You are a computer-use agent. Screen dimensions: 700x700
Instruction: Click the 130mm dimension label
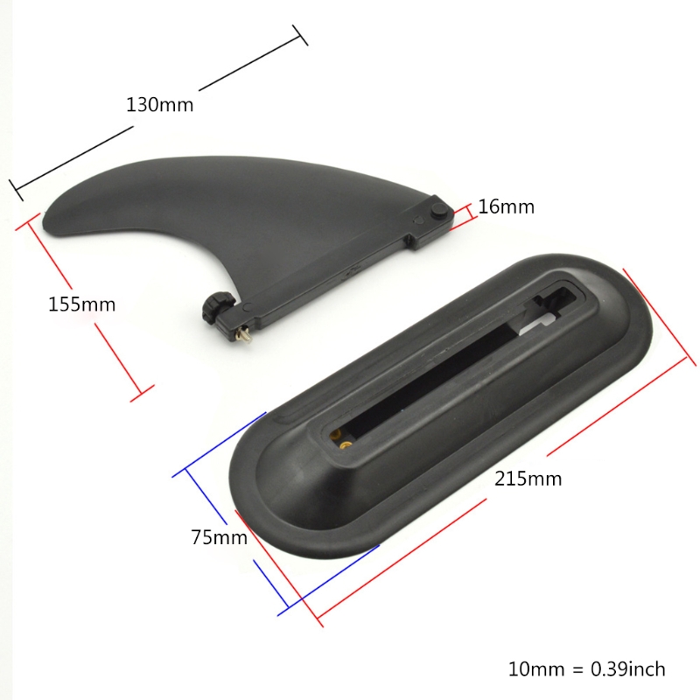pos(159,105)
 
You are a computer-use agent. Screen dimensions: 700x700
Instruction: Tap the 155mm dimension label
pos(81,304)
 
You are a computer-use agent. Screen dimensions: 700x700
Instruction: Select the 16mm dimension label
pos(506,206)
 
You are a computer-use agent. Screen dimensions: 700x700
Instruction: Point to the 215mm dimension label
pos(528,479)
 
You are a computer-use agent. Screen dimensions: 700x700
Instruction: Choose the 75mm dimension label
pos(219,537)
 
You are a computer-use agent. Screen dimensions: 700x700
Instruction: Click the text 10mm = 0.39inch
pos(586,668)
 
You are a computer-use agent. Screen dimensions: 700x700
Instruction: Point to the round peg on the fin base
pos(441,210)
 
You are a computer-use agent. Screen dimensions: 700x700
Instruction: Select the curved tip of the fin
pos(49,214)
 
